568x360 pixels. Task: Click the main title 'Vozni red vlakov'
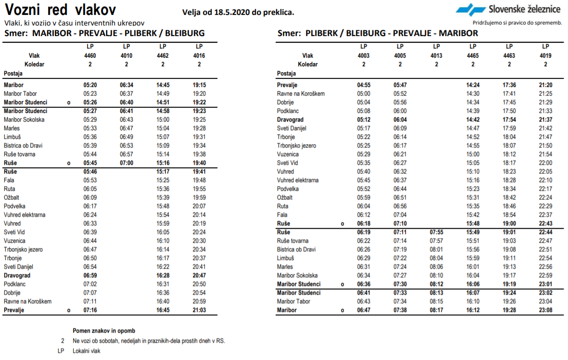(60, 10)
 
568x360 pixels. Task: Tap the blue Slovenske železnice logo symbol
(470, 10)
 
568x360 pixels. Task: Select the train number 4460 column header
(90, 55)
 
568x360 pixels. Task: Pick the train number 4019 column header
(545, 55)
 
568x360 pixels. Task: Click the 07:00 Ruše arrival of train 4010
(126, 163)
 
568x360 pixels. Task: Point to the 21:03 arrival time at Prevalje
(199, 310)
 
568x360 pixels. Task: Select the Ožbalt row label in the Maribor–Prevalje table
(12, 198)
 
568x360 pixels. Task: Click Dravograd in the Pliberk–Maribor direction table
(290, 120)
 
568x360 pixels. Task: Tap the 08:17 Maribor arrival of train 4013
(436, 310)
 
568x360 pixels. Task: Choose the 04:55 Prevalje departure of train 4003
(364, 85)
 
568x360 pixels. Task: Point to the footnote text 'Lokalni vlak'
(87, 351)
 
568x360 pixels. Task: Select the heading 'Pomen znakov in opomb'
(104, 331)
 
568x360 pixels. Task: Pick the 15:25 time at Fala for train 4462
(163, 180)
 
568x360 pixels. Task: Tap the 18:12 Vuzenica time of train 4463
(509, 154)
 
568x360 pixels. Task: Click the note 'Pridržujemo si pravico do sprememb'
(518, 23)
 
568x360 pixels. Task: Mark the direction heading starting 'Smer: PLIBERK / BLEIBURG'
(378, 33)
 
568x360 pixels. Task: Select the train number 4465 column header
(473, 55)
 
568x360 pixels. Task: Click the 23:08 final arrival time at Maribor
(545, 310)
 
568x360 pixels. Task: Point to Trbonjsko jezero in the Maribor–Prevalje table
(23, 249)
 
